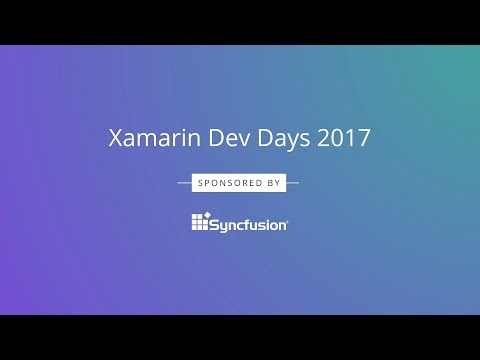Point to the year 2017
[x=343, y=139]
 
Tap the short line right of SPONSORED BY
[x=292, y=183]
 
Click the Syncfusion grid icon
[x=199, y=222]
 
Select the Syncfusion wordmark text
[x=249, y=223]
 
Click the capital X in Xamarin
[x=115, y=139]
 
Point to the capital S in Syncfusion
[x=215, y=223]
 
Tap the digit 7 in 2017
[x=363, y=139]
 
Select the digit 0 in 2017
[x=337, y=139]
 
